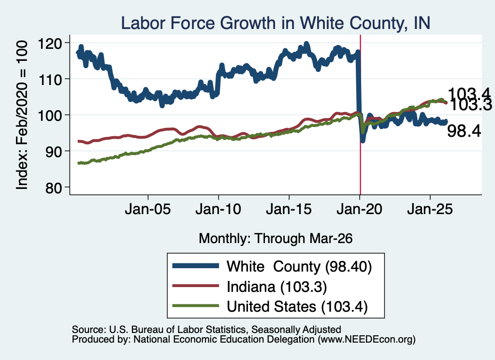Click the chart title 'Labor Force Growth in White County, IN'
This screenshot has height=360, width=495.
pos(276,23)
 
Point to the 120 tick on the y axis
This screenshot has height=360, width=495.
pos(50,43)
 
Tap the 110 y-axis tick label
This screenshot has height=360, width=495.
pos(50,80)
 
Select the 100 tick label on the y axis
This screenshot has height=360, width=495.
pos(50,115)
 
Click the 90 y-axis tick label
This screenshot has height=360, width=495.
pos(53,152)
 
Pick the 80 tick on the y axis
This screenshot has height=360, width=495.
pos(53,188)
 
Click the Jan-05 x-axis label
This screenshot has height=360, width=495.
pos(148,209)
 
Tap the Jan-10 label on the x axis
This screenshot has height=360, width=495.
pos(218,209)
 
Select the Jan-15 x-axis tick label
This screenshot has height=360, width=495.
pos(289,209)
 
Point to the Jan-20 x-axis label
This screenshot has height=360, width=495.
pos(360,209)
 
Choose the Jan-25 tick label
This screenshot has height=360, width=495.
pos(430,209)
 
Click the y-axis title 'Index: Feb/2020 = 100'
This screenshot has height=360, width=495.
pos(22,115)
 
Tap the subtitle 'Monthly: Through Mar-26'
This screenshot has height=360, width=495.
pos(276,239)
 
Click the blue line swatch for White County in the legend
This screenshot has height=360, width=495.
pos(196,266)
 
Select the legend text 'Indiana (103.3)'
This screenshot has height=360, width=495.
pos(277,287)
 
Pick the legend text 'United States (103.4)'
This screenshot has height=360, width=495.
pos(297,307)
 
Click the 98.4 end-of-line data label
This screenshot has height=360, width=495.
pos(464,130)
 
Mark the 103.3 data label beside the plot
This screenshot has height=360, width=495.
pos(471,105)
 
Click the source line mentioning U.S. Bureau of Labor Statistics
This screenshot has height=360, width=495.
pos(206,330)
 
